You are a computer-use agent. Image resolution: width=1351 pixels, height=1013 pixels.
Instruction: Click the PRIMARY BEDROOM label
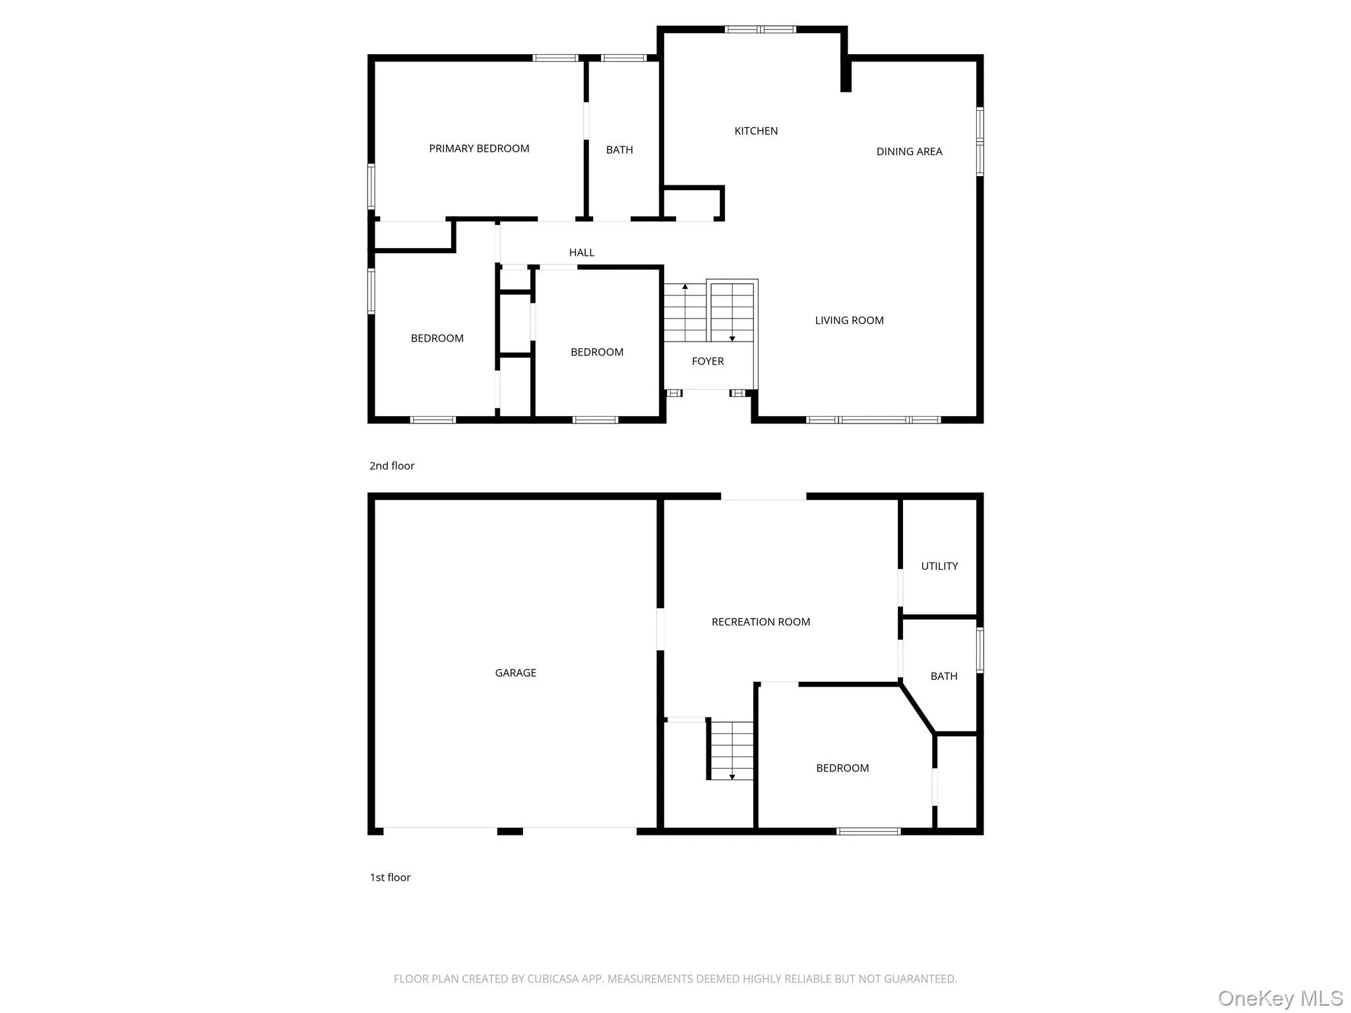[x=479, y=148]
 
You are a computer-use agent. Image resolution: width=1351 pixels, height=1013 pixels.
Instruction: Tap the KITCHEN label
[x=756, y=131]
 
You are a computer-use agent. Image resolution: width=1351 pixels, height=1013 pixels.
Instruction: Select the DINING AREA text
[x=909, y=152]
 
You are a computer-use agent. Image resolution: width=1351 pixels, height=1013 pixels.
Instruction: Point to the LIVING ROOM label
[x=849, y=321]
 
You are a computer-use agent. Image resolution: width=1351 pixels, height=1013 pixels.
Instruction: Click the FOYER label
[x=708, y=361]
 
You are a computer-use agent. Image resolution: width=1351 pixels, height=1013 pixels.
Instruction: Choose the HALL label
[x=582, y=253]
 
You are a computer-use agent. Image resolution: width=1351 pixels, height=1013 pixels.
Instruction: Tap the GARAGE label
[x=515, y=673]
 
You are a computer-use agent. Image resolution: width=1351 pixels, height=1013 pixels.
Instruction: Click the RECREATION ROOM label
[x=761, y=622]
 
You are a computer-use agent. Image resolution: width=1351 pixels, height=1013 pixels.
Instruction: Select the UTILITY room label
[x=939, y=566]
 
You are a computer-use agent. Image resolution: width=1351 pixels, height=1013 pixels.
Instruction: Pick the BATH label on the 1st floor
[x=943, y=676]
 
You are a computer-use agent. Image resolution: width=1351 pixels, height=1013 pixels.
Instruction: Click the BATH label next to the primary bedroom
[x=619, y=150]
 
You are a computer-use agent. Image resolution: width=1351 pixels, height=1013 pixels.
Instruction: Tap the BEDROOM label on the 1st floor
[x=842, y=768]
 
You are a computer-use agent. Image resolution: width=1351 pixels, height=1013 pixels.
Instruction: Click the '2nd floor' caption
[x=392, y=466]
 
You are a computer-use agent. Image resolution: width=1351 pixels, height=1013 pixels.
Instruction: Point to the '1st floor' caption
[x=390, y=877]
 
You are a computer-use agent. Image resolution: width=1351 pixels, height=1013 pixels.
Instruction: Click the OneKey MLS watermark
[x=1280, y=998]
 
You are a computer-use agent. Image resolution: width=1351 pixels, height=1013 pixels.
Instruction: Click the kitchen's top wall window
[x=760, y=29]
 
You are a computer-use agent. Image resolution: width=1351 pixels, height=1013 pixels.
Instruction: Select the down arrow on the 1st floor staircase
[x=732, y=777]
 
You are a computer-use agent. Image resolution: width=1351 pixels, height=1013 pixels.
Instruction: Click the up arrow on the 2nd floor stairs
[x=685, y=287]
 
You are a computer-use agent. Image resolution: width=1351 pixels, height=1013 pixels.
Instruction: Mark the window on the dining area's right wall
[x=980, y=141]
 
